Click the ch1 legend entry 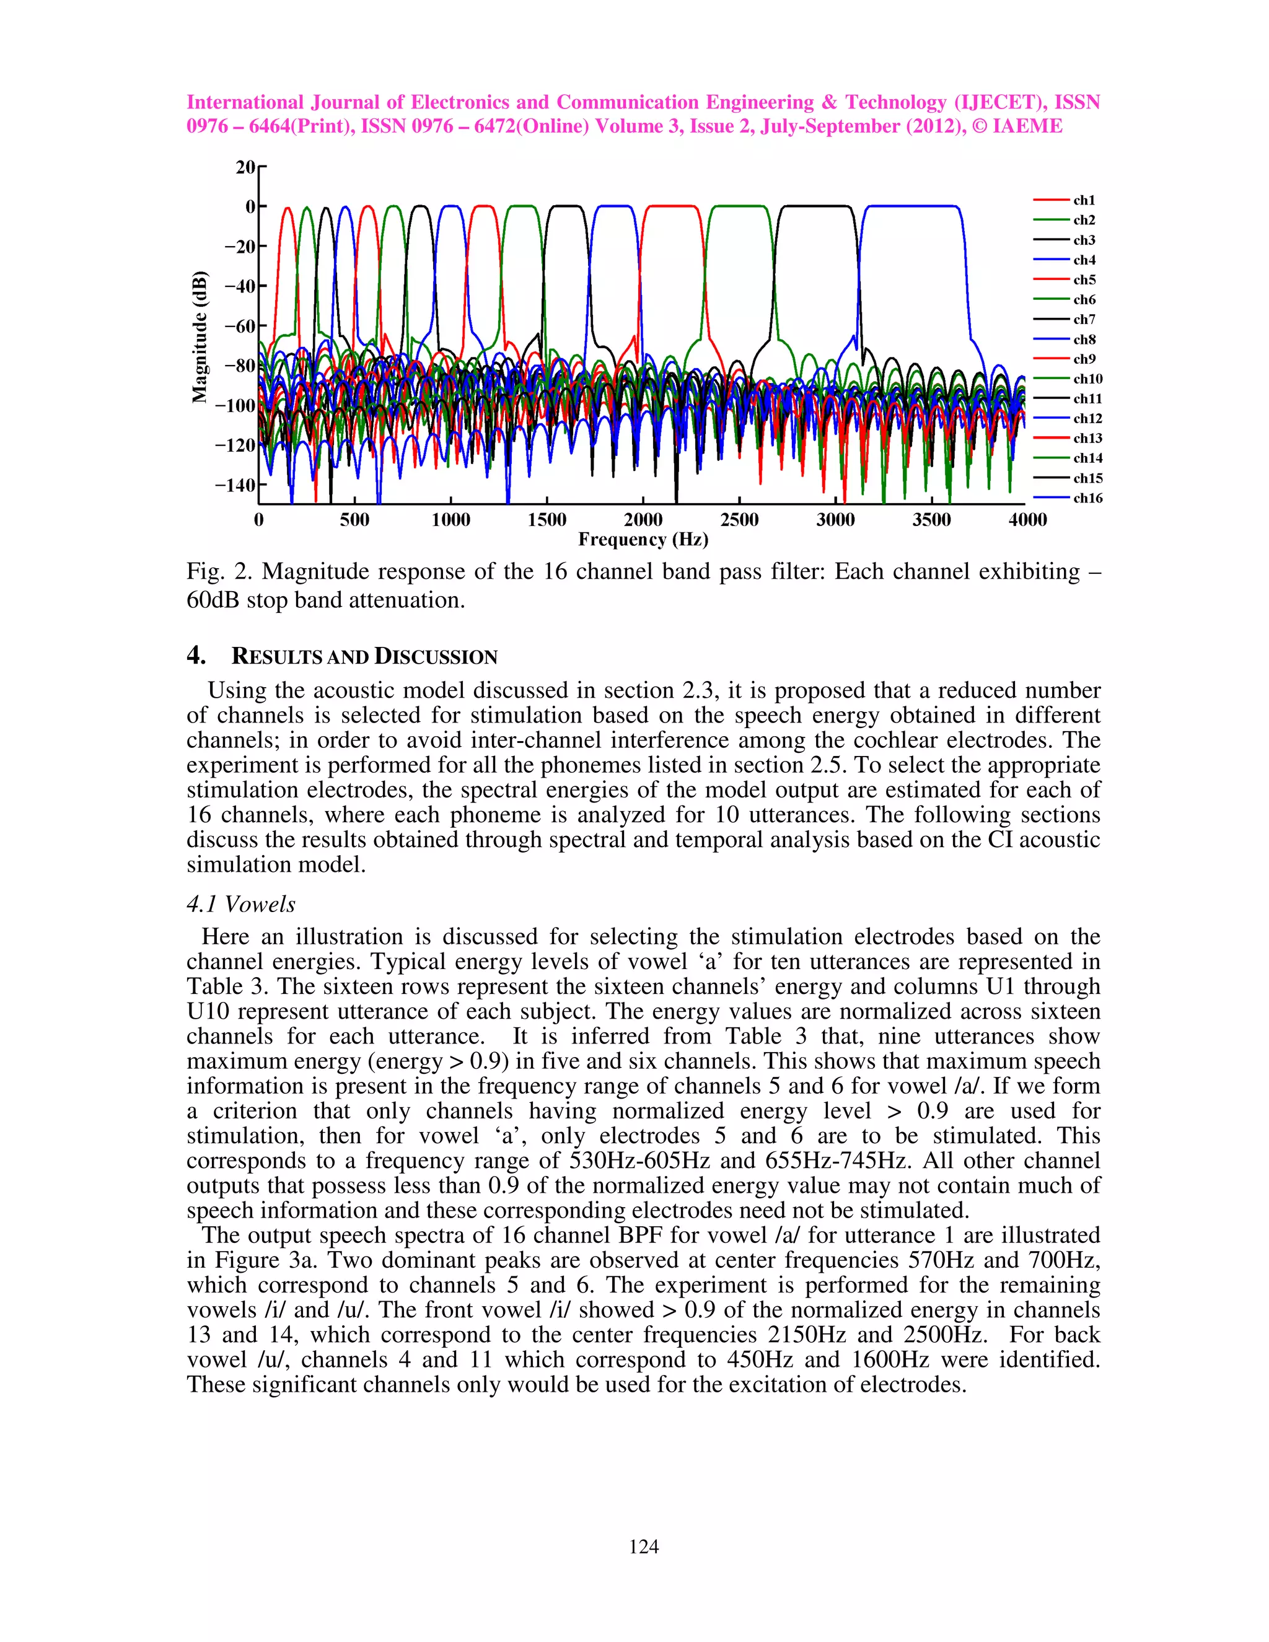[1083, 200]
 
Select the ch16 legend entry [1087, 498]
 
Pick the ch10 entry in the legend [1087, 379]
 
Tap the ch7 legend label [1083, 320]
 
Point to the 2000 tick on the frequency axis [643, 519]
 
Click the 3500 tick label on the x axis [931, 519]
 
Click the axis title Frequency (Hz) [643, 539]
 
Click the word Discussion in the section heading [436, 656]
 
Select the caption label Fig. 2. [220, 571]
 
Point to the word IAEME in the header [1027, 126]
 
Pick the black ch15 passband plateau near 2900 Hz [815, 206]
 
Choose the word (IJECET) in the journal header [1000, 102]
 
